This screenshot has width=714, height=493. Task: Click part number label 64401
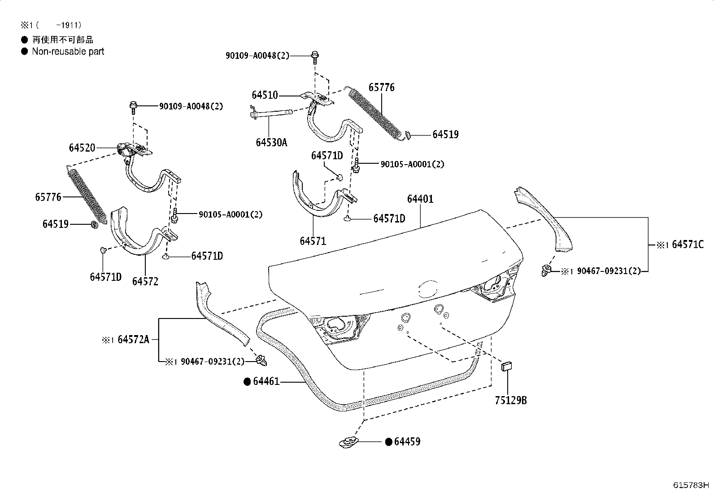point(420,199)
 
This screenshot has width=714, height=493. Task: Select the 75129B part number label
point(510,400)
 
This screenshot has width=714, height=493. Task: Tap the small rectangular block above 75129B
point(506,366)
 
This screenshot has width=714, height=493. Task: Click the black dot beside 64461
point(247,382)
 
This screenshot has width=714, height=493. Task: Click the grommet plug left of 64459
point(348,442)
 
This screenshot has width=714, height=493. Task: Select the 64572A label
point(133,340)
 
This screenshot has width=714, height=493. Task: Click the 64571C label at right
point(688,244)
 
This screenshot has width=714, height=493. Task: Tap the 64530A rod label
point(271,143)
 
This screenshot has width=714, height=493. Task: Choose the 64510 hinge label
point(265,95)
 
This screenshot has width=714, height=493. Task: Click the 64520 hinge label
point(82,148)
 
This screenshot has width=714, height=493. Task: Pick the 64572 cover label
point(145,281)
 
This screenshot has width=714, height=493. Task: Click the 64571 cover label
point(313,241)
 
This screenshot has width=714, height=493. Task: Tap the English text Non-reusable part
point(68,51)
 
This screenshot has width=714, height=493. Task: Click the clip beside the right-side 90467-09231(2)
point(546,270)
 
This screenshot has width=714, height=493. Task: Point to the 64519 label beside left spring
point(56,223)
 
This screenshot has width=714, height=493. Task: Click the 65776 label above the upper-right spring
point(381,87)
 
